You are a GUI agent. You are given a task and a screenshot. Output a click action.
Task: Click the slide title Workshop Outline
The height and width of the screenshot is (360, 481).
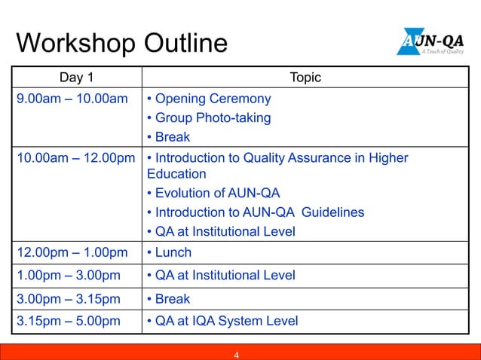pos(121,43)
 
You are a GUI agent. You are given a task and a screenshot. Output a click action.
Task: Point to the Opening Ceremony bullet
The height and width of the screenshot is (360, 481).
pos(209,99)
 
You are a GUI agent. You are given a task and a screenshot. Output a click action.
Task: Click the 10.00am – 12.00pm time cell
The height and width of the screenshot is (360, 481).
pos(76,158)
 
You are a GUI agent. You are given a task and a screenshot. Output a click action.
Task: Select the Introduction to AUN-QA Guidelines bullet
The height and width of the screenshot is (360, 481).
pos(255,212)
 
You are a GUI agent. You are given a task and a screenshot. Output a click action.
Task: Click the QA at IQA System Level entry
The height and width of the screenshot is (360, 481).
pos(222,322)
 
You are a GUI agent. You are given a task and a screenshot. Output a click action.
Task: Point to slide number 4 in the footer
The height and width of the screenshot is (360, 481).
pos(237,355)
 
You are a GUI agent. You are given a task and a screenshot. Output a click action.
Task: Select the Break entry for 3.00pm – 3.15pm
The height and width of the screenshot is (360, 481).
pos(169,298)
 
